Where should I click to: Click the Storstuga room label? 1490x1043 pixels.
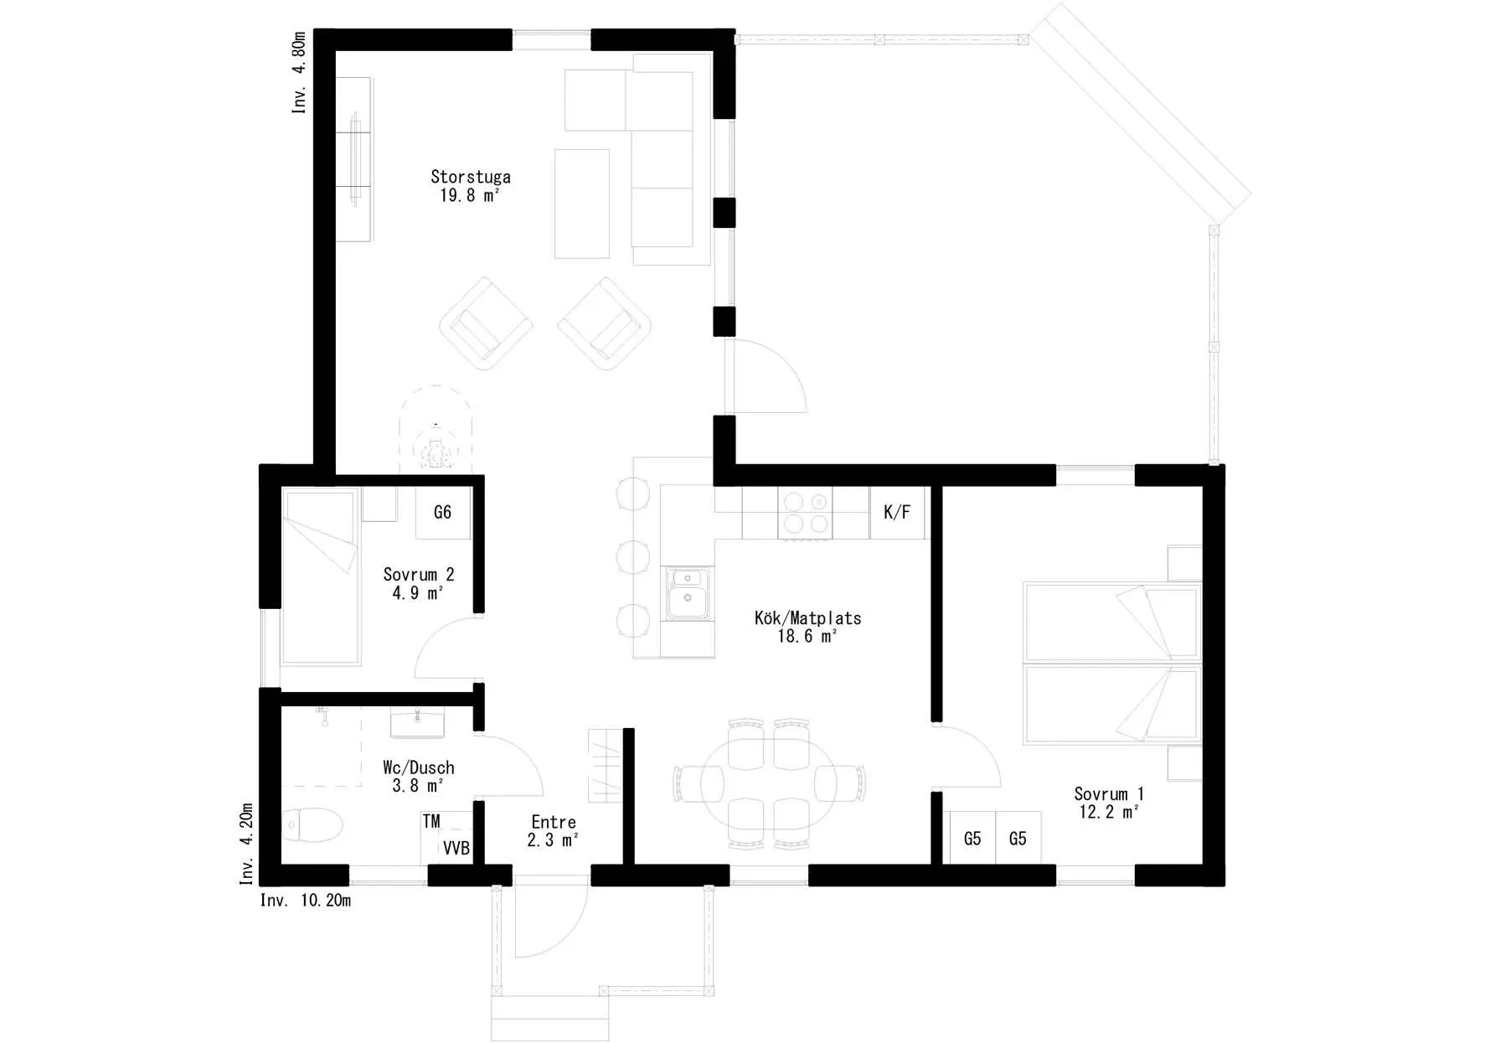pos(471,177)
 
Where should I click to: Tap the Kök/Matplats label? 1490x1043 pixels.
pos(807,618)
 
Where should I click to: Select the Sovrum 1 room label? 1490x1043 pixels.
pos(1109,793)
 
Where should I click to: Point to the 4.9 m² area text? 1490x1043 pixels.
pos(417,593)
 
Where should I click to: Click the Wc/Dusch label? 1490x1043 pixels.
pos(419,767)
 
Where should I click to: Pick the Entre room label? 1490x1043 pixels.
pos(554,822)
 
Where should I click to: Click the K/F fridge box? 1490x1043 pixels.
pos(897,512)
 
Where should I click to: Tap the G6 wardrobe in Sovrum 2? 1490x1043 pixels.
pos(443,512)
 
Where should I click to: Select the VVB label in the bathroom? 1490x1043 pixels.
pos(456,849)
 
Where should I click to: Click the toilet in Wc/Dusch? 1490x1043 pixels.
pos(312,825)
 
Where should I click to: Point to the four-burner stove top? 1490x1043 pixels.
pos(806,513)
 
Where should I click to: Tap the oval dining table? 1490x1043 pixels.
pos(769,784)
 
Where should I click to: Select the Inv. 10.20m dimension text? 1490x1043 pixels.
pos(306,901)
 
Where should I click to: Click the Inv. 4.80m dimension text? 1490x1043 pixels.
pos(298,73)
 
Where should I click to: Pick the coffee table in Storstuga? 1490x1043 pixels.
pos(582,204)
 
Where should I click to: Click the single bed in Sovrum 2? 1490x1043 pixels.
pos(322,577)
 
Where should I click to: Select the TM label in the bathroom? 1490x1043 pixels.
pos(431,821)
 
